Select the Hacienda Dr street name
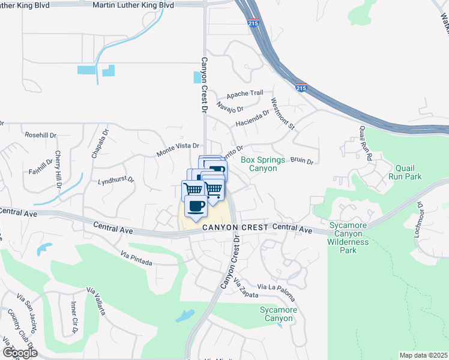[253, 117]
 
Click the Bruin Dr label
[302, 161]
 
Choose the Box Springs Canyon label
[259, 164]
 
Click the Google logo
[20, 352]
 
